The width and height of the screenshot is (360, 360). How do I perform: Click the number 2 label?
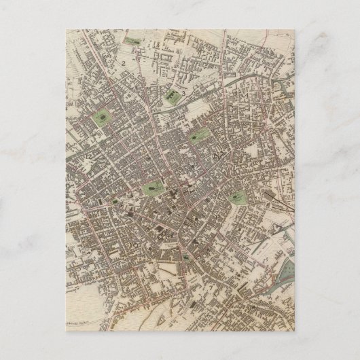pyautogui.click(x=125, y=64)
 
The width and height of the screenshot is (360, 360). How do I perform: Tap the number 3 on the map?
pyautogui.click(x=183, y=94)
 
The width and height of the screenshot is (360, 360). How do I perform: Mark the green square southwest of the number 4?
pyautogui.click(x=238, y=198)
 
